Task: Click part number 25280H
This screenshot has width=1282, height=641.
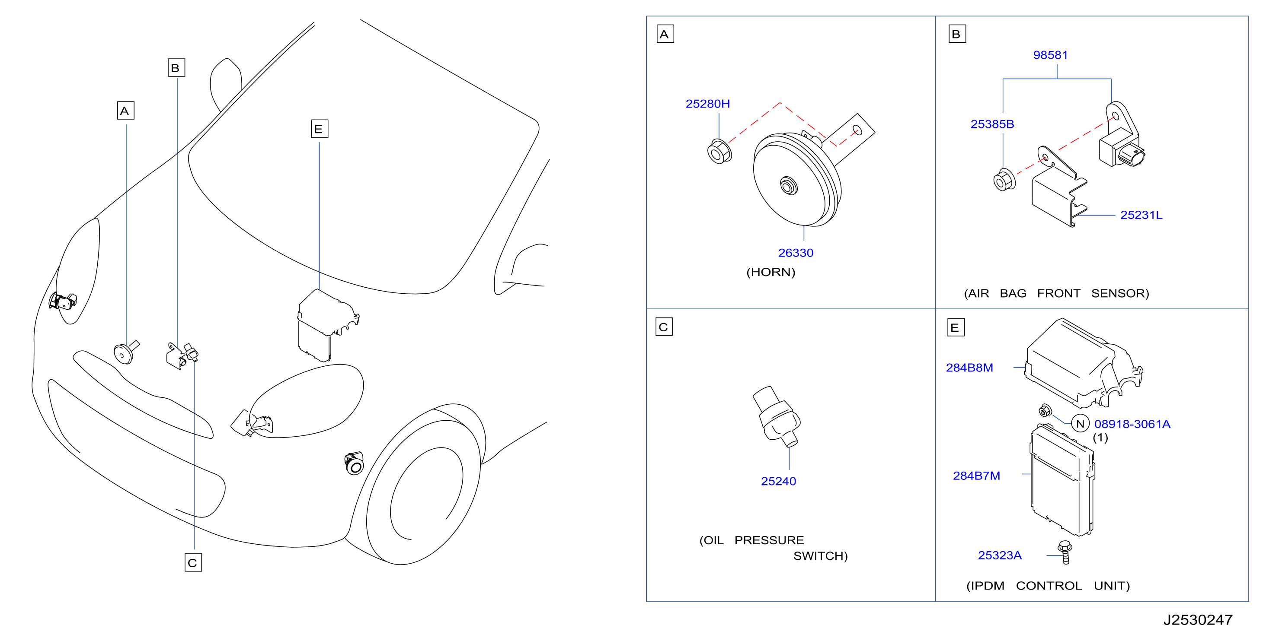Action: pos(707,104)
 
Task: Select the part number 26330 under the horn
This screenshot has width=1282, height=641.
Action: pos(795,253)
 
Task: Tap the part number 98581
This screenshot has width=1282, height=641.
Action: pos(1050,55)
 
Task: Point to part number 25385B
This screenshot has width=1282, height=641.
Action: pos(992,124)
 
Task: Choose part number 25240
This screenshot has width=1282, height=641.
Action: pos(778,481)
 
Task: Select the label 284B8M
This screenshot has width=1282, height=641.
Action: pos(969,368)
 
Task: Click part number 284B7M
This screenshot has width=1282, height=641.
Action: pos(976,476)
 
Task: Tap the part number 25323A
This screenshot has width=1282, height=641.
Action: pos(999,555)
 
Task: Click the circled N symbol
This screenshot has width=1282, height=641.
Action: pos(1080,424)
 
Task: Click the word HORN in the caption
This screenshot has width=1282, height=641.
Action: pos(770,272)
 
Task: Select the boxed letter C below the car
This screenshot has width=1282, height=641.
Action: pos(193,562)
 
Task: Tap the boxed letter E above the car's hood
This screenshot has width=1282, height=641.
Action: pos(319,129)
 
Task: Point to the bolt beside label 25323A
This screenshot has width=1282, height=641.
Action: pos(1065,552)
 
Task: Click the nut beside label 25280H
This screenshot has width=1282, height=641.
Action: pos(719,151)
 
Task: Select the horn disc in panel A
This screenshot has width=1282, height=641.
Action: pos(797,180)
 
